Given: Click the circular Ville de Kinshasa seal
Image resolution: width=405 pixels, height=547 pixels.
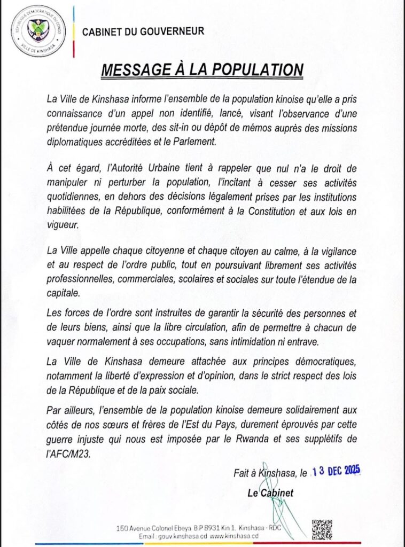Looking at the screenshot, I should pos(38,31).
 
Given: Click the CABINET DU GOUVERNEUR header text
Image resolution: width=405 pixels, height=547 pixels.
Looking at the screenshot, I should pos(143,32).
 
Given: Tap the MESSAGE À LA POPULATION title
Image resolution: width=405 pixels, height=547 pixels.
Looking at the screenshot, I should pos(202,70).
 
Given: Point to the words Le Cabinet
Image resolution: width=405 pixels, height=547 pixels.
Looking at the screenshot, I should pos(270,493).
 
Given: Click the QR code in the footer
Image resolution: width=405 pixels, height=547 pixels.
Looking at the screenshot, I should pos(322,529).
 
